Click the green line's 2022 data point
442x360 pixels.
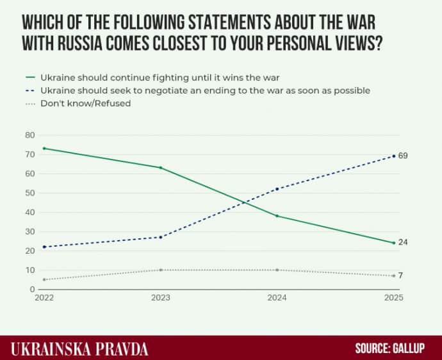[x=44, y=148]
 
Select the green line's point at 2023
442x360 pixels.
[x=160, y=167]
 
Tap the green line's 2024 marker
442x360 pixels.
[x=277, y=216]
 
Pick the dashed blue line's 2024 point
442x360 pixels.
[x=277, y=189]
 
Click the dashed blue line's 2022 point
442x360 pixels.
[x=44, y=247]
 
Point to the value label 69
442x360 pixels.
[x=403, y=156]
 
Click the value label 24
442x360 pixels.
[x=403, y=242]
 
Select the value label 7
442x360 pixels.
[x=401, y=275]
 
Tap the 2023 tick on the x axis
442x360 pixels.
[x=160, y=299]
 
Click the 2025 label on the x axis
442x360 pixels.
[x=393, y=299]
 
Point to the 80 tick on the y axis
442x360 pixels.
[x=29, y=135]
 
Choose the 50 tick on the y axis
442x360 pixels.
[x=29, y=193]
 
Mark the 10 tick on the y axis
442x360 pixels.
[x=29, y=270]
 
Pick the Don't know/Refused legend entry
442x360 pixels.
[x=85, y=102]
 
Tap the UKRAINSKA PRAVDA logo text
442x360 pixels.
[x=80, y=349]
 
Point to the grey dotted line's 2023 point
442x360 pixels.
[x=160, y=270]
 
